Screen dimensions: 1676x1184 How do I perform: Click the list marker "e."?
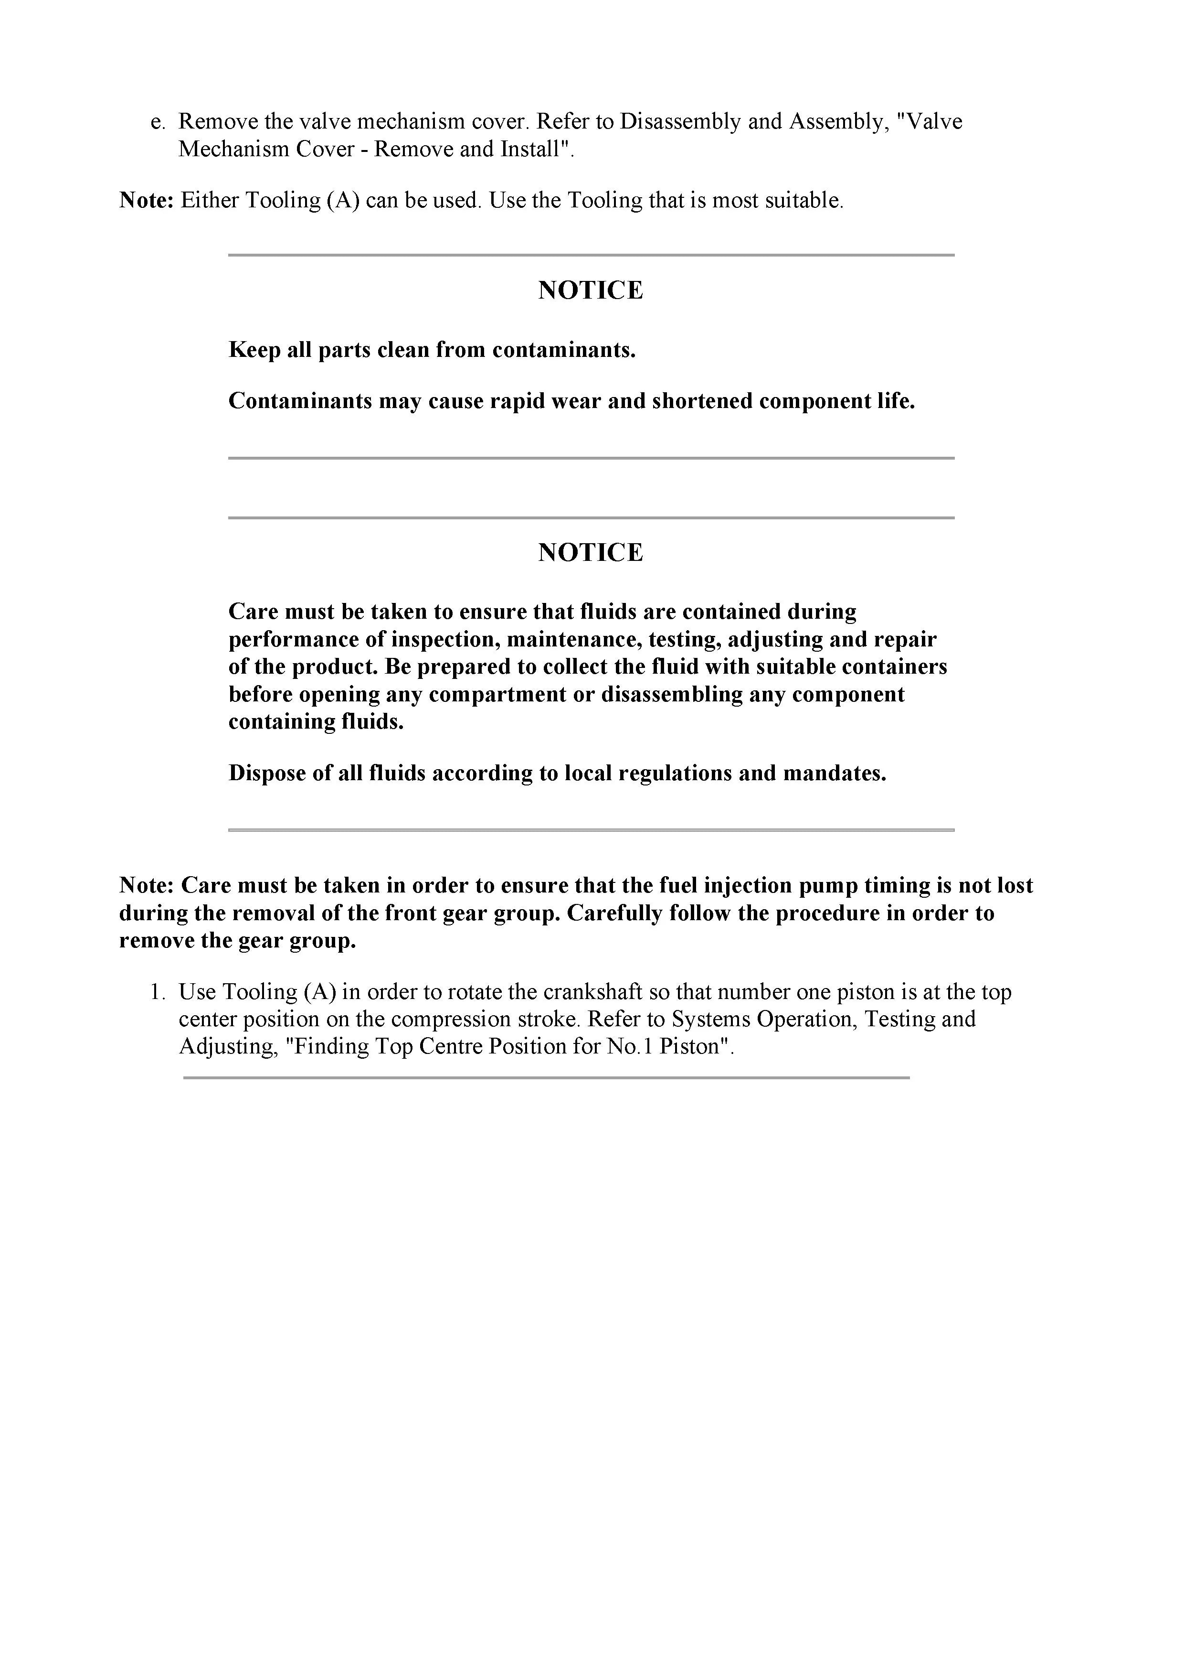pos(159,122)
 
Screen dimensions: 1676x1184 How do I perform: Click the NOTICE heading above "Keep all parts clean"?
pos(591,290)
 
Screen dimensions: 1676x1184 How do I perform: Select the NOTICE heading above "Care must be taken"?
pos(591,553)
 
